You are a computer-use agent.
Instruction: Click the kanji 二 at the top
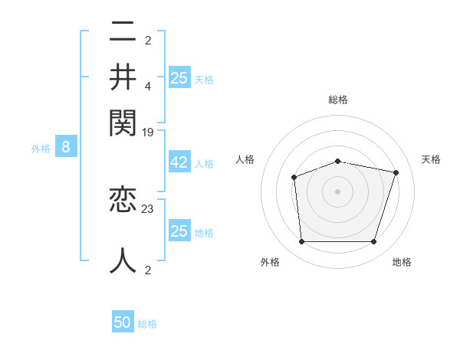point(123,34)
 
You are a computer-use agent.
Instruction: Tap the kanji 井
point(123,77)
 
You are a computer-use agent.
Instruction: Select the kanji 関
point(123,121)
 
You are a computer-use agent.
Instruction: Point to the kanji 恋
point(123,200)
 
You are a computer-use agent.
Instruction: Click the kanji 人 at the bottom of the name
point(123,260)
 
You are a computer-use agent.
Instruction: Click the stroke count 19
point(148,133)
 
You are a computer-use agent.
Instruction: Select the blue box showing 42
point(179,163)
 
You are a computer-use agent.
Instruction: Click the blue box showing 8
point(65,147)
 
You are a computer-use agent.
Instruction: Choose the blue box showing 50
point(123,322)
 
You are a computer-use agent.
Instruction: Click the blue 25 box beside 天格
point(179,77)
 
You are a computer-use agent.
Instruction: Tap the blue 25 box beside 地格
point(179,231)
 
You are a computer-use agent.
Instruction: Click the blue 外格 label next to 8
point(41,148)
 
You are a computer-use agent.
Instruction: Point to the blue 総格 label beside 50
point(147,324)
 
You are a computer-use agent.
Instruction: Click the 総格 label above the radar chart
point(337,100)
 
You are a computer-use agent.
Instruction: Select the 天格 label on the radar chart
point(431,159)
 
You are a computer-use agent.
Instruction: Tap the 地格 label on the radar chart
point(402,262)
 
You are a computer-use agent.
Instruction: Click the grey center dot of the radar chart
point(337,191)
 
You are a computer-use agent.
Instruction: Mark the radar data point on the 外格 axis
point(302,242)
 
